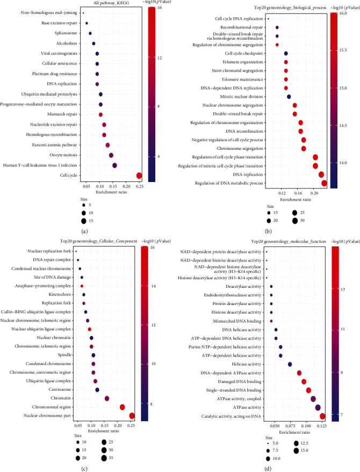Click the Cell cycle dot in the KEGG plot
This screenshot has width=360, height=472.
(x=139, y=175)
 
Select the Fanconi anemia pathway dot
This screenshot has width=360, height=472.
(x=107, y=145)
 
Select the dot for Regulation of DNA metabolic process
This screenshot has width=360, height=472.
(x=324, y=184)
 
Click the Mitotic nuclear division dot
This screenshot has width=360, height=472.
(x=289, y=97)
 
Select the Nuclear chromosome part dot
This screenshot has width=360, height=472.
(x=132, y=415)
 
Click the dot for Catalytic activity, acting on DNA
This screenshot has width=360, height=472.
(x=322, y=416)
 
